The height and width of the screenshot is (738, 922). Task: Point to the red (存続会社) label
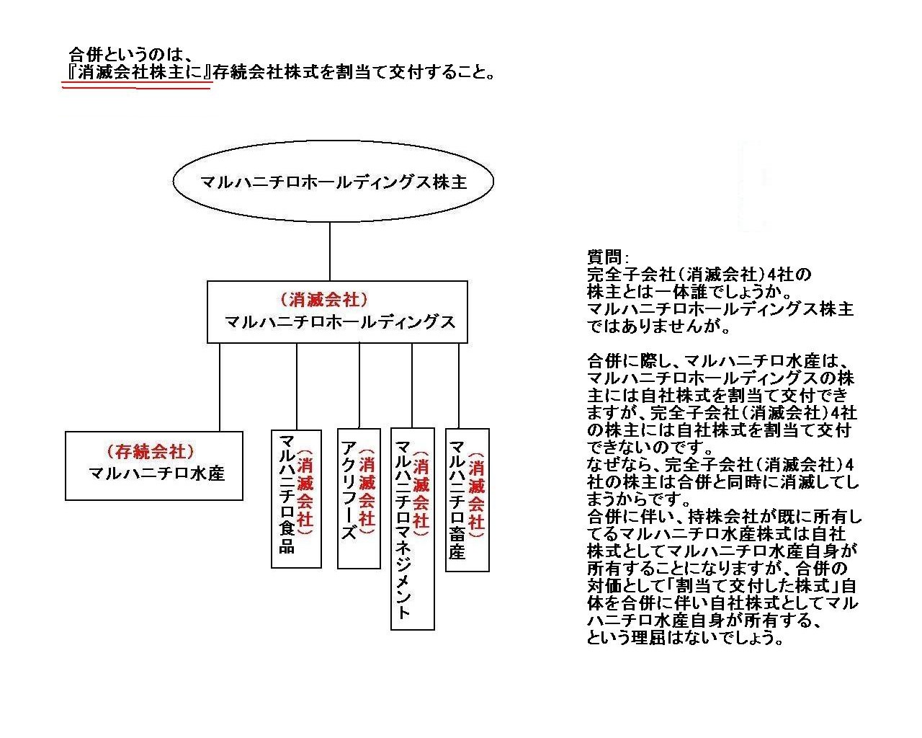pos(150,451)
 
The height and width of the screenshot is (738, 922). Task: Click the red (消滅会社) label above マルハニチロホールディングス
pos(324,299)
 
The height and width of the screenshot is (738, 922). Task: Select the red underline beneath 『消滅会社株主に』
pos(137,87)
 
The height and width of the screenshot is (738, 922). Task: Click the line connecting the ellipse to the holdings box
pos(329,252)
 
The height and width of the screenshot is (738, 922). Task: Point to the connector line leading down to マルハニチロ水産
pos(220,387)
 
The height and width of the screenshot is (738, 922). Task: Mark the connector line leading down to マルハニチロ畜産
pos(459,386)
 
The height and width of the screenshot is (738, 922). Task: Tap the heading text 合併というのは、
pos(130,55)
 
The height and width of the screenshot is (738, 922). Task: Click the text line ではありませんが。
pos(658,326)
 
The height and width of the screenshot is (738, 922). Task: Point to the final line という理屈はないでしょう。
pos(685,638)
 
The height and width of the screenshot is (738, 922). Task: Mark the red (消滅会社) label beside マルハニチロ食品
pos(305,492)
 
